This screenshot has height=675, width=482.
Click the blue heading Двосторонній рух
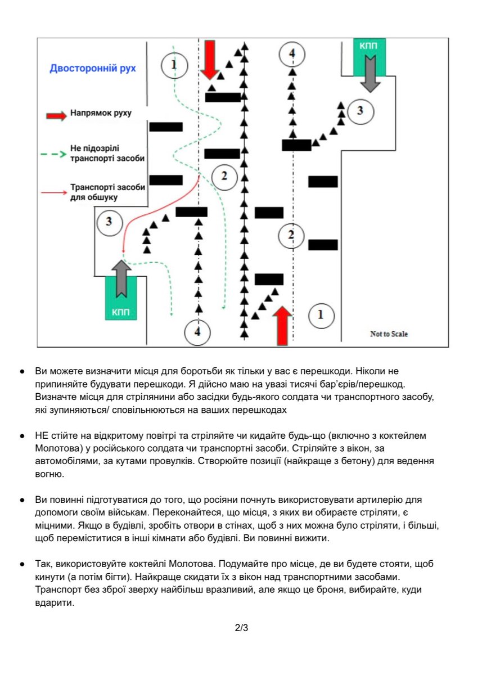[x=93, y=69]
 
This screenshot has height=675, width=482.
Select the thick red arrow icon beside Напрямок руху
[x=56, y=115]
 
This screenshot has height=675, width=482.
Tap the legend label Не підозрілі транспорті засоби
[x=107, y=154]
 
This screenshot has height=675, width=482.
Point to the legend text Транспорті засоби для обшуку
[x=107, y=192]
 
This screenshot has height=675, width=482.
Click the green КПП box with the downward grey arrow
[x=369, y=57]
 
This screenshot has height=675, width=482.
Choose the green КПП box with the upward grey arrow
[x=121, y=299]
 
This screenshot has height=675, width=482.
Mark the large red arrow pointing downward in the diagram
[x=210, y=58]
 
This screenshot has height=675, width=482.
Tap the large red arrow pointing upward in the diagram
[x=283, y=325]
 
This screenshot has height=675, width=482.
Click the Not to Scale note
[x=389, y=334]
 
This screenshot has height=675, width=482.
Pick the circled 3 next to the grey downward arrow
[x=361, y=110]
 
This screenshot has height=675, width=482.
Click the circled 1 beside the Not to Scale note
[x=321, y=314]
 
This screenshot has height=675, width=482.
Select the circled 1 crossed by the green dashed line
[x=174, y=65]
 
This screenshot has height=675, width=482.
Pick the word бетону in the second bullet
[x=400, y=462]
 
